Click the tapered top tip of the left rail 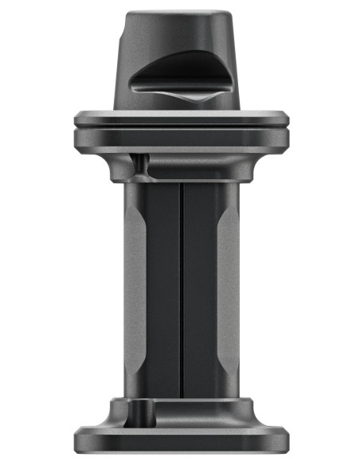point(135,209)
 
